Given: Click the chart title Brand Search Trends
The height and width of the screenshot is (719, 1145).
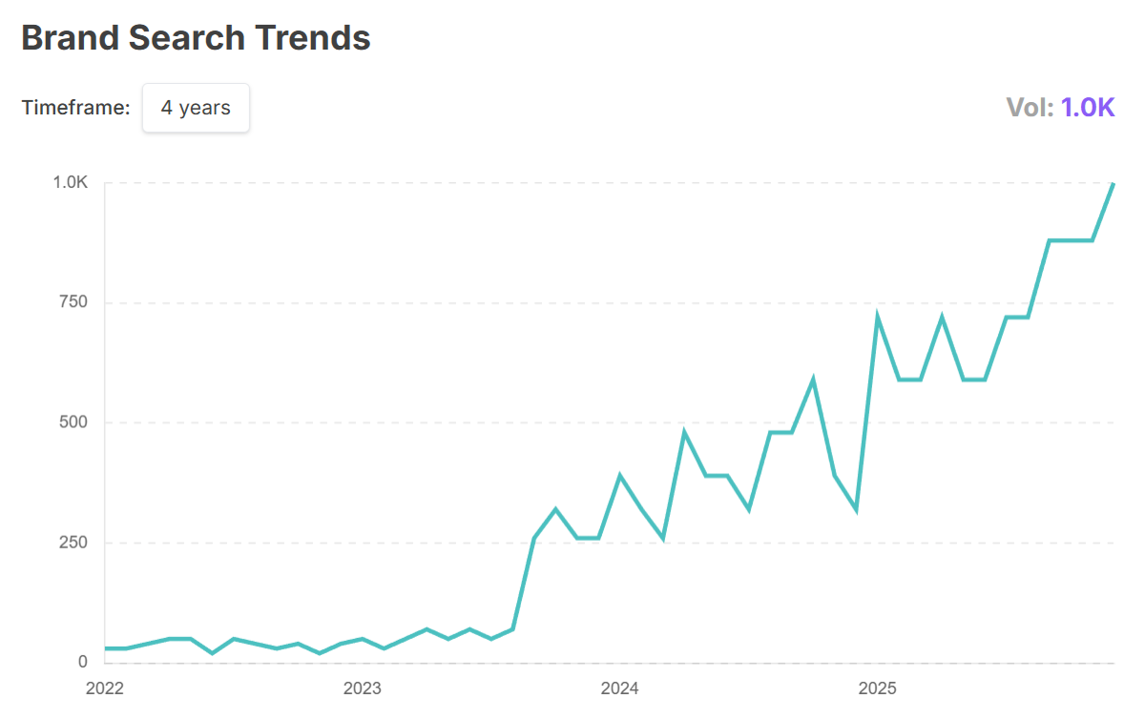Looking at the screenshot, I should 196,38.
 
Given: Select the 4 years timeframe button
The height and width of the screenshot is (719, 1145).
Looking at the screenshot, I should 196,108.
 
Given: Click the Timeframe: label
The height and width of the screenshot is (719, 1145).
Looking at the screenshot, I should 75,108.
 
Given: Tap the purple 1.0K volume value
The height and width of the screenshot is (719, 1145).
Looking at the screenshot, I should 1088,108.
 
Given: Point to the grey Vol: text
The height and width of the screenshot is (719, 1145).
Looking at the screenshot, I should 1030,108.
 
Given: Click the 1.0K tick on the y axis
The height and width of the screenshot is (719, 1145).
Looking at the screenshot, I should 70,183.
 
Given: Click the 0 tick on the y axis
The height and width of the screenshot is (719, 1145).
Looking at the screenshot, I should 83,662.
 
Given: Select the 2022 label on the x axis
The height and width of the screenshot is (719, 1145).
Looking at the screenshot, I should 105,688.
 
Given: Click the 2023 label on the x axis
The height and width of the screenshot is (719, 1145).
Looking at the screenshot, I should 363,688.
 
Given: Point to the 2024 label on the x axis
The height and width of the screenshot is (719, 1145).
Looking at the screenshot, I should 620,688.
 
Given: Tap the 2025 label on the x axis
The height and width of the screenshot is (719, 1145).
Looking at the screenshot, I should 878,688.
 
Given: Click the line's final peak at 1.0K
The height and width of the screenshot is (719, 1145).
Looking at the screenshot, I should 1113,184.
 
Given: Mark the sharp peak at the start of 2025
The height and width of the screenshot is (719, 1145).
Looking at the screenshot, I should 877,318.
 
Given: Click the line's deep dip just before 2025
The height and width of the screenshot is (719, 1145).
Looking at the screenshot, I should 856,509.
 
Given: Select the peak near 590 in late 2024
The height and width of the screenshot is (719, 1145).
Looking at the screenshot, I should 813,380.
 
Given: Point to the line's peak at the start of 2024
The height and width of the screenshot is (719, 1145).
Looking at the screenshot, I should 620,476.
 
